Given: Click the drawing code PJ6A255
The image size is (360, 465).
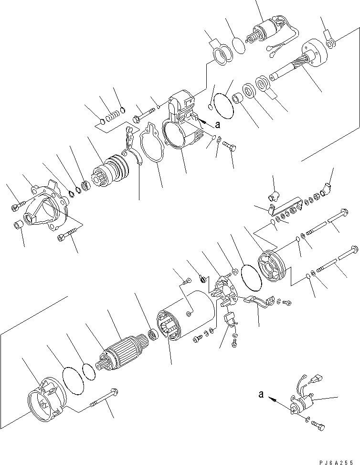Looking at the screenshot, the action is (x=337, y=462).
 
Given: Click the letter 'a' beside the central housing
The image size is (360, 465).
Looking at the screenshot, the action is (x=218, y=125).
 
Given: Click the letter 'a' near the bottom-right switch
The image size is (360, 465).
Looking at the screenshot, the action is (x=261, y=394).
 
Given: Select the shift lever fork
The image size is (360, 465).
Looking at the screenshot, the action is (x=132, y=145).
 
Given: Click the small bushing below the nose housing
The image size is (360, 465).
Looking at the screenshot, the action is (x=18, y=225).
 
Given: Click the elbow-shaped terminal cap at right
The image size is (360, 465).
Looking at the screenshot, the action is (x=327, y=190).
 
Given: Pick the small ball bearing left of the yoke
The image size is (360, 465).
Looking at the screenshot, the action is (x=153, y=335).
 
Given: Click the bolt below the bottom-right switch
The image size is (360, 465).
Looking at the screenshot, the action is (x=318, y=425).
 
